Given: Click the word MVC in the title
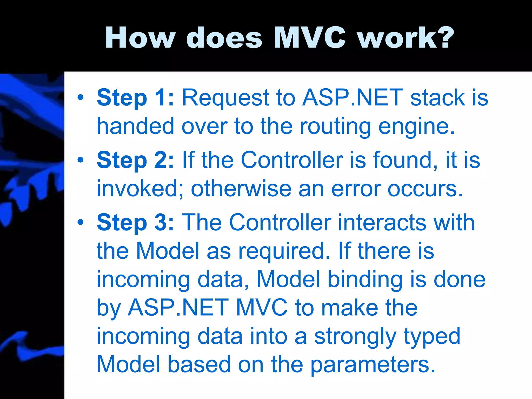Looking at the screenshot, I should pyautogui.click(x=310, y=38).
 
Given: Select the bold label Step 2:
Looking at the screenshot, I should pyautogui.click(x=135, y=160).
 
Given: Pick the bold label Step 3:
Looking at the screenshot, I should pyautogui.click(x=135, y=222).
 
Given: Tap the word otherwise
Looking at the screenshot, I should pyautogui.click(x=241, y=189).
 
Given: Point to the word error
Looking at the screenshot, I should pyautogui.click(x=356, y=189).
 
